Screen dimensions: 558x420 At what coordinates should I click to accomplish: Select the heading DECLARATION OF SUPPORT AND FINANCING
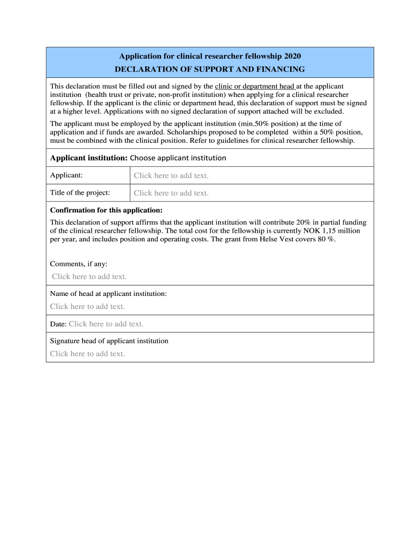tap(209, 69)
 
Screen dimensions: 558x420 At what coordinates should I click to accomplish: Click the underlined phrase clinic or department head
tap(255, 86)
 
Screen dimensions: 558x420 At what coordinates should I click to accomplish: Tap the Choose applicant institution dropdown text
tap(178, 158)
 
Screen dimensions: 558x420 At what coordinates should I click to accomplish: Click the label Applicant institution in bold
tap(88, 158)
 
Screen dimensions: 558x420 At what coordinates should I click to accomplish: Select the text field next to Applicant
tap(171, 175)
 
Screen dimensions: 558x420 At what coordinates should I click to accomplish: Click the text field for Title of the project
tap(171, 193)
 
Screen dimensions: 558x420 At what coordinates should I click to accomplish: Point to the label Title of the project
tap(80, 192)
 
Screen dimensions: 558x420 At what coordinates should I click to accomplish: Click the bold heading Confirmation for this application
tap(106, 210)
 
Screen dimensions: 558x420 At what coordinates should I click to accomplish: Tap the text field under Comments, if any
tap(89, 277)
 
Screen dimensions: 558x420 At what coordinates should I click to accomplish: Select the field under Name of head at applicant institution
tap(87, 306)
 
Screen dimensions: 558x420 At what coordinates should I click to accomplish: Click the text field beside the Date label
tap(106, 324)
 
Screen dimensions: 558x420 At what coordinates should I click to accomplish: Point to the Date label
tap(58, 324)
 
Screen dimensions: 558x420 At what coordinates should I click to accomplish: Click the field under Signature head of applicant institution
tap(87, 354)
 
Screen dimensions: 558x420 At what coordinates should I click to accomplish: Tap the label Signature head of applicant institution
tap(109, 341)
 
